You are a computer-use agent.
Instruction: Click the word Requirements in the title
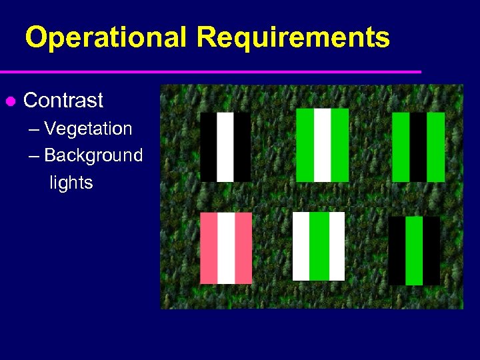pos(293,38)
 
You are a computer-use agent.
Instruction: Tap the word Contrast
pos(63,101)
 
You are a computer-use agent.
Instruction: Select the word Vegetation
pos(88,128)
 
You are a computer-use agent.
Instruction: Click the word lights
pos(71,183)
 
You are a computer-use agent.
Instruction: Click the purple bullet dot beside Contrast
pos(10,101)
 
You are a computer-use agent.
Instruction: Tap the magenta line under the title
pos(211,71)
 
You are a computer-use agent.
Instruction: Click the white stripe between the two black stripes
pos(225,147)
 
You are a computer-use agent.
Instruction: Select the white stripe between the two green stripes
pos(323,145)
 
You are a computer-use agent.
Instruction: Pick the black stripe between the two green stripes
pos(418,147)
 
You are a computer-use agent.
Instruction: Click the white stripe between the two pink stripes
pos(227,248)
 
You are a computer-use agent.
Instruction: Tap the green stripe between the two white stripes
pos(319,246)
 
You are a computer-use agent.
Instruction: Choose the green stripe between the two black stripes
pos(414,251)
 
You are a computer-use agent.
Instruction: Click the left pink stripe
pos(209,248)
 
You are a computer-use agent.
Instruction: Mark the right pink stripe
pos(244,248)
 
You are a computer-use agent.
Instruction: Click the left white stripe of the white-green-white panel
pos(301,246)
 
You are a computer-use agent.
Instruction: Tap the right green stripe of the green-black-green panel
pos(435,147)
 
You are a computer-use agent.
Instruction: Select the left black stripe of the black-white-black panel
pos(208,147)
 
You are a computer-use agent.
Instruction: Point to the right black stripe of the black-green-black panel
pos(431,251)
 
